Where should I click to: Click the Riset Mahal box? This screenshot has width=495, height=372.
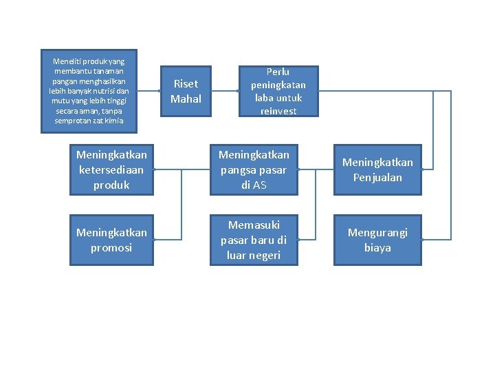pyautogui.click(x=186, y=91)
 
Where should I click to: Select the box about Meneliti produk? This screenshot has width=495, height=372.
pyautogui.click(x=89, y=91)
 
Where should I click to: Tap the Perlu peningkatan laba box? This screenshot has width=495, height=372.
pyautogui.click(x=278, y=91)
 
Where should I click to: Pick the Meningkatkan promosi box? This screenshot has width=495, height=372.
pyautogui.click(x=111, y=240)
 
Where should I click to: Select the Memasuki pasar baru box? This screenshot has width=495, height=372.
pyautogui.click(x=254, y=240)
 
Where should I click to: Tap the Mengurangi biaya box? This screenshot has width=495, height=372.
pyautogui.click(x=377, y=240)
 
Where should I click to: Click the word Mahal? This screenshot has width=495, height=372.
pyautogui.click(x=186, y=99)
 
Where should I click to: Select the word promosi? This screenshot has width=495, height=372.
pyautogui.click(x=111, y=248)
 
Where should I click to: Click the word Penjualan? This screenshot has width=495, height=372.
pyautogui.click(x=377, y=178)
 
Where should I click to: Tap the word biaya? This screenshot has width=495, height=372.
pyautogui.click(x=377, y=248)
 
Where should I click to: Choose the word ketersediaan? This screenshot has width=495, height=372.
pyautogui.click(x=111, y=170)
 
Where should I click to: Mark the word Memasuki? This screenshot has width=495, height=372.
pyautogui.click(x=254, y=225)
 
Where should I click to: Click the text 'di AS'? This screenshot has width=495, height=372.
pyautogui.click(x=254, y=185)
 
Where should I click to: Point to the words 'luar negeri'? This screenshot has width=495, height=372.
pyautogui.click(x=254, y=256)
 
